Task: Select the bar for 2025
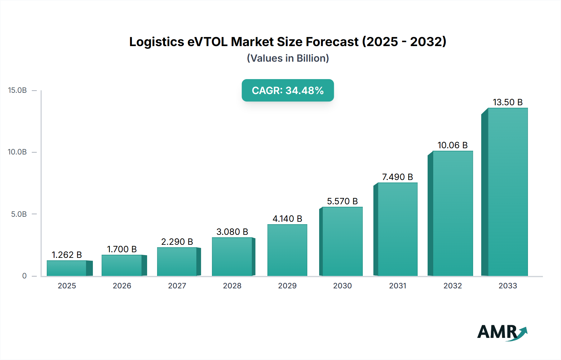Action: [67, 268]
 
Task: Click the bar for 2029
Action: [287, 250]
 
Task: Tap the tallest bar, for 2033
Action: [507, 192]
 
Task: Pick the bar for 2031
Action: [397, 229]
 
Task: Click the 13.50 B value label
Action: [507, 102]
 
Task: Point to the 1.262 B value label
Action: [67, 255]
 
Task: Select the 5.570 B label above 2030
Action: [342, 201]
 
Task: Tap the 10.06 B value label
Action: [453, 145]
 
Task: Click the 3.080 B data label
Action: [232, 232]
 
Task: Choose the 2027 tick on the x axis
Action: [177, 286]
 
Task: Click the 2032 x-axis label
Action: [453, 286]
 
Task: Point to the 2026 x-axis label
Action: [122, 286]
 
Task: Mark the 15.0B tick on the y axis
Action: [17, 90]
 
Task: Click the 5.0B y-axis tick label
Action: [19, 214]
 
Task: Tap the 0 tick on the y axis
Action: [24, 276]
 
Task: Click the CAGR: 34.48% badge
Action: [288, 90]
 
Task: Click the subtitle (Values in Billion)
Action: [288, 58]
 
